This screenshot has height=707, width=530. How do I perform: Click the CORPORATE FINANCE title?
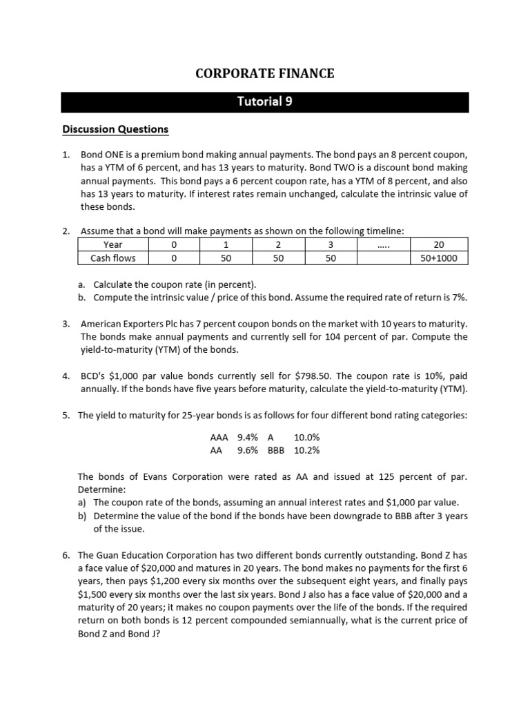pyautogui.click(x=265, y=73)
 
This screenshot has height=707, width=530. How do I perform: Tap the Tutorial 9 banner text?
pyautogui.click(x=265, y=101)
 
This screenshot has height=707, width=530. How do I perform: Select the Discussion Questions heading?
pyautogui.click(x=115, y=129)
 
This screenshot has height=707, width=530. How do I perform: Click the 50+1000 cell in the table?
pyautogui.click(x=439, y=258)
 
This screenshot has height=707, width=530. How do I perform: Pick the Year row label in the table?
pyautogui.click(x=112, y=244)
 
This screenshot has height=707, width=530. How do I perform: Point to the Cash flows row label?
pyautogui.click(x=112, y=258)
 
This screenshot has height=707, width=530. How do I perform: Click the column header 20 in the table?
pyautogui.click(x=439, y=244)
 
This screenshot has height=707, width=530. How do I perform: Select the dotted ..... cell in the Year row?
pyautogui.click(x=384, y=244)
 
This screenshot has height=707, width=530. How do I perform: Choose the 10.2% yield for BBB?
pyautogui.click(x=306, y=450)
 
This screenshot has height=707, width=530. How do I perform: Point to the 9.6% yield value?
pyautogui.click(x=247, y=450)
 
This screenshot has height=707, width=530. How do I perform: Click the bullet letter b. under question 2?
pyautogui.click(x=81, y=297)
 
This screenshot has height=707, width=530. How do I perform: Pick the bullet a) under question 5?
pyautogui.click(x=82, y=502)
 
